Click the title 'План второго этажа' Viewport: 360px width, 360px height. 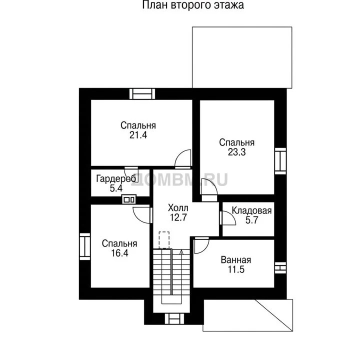point(193,5)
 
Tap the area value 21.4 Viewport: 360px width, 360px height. point(138,135)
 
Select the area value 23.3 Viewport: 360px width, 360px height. point(236,152)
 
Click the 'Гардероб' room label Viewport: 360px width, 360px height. point(116,178)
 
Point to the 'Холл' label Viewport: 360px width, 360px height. point(178,208)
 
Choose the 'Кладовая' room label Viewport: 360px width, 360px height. point(251,210)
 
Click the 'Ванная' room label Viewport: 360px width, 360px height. point(236,260)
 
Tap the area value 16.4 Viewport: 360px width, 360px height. point(119,253)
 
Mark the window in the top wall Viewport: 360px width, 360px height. point(142,94)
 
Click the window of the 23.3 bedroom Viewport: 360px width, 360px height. point(280,161)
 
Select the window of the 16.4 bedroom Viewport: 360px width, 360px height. point(85,246)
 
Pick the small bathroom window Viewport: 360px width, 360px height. point(280,268)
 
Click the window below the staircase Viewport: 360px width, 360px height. point(174,318)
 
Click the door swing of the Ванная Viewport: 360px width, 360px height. point(201,245)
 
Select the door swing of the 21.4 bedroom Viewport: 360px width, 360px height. point(183,157)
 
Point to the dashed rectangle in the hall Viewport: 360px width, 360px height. point(164,240)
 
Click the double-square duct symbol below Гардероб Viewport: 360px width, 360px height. point(129,199)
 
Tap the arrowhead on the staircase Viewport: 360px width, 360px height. point(181,252)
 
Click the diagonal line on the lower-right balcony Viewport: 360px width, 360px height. point(273,315)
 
